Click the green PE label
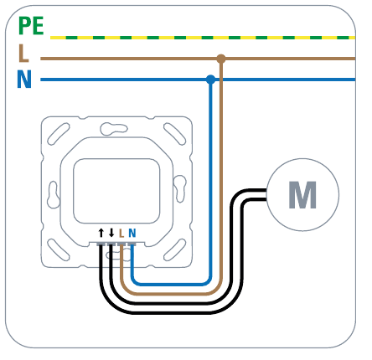31,26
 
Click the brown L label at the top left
23,54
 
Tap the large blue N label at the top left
24,80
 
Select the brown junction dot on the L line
221,59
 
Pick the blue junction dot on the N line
211,80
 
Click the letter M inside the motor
302,194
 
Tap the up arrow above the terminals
101,233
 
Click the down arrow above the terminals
111,233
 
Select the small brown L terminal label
121,233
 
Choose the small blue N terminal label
132,233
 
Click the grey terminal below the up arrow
101,244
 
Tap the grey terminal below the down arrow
111,244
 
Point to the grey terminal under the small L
121,244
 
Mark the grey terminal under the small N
132,244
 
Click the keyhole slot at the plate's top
113,129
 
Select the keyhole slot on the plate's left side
53,194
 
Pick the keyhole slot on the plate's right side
179,189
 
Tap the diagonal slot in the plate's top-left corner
59,134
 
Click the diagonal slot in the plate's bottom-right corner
175,249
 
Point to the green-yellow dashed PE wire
203,38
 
